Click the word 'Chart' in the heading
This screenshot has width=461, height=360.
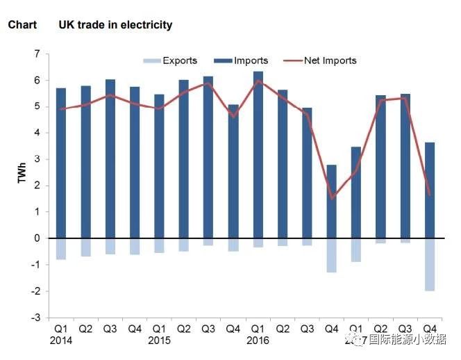click(22, 25)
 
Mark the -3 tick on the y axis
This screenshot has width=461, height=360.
click(35, 318)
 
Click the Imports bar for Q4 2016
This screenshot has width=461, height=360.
click(332, 202)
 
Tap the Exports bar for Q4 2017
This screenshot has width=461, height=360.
click(430, 264)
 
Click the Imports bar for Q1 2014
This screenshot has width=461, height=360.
click(61, 163)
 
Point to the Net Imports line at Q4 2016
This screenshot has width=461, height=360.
click(332, 199)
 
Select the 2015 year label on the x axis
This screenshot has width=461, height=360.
click(159, 341)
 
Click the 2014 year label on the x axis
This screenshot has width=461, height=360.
click(61, 341)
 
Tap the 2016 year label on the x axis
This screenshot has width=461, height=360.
click(258, 341)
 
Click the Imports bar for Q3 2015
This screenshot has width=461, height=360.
click(209, 157)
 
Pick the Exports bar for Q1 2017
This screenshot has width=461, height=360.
click(356, 249)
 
